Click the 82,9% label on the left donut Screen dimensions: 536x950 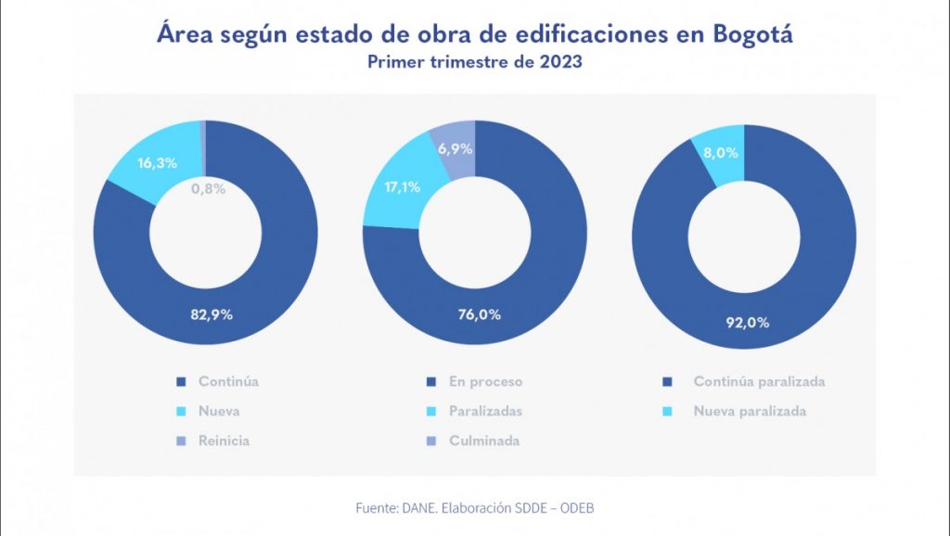coord(212,313)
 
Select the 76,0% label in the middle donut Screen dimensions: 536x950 coord(480,313)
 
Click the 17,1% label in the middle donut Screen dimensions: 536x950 coord(402,186)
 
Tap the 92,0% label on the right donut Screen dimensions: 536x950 coord(746,323)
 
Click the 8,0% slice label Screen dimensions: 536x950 coord(721,153)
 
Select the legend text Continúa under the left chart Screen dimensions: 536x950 coord(228,381)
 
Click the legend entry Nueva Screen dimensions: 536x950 coord(219,411)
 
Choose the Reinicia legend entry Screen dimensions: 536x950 coord(224,440)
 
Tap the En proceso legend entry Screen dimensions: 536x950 coord(485,381)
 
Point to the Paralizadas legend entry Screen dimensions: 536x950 coord(485,411)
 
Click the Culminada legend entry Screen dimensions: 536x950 coord(483,440)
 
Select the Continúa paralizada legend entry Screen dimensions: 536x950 coord(759,381)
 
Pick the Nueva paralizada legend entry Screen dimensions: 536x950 coord(750,411)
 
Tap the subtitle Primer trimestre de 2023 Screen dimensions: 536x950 coord(474,63)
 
